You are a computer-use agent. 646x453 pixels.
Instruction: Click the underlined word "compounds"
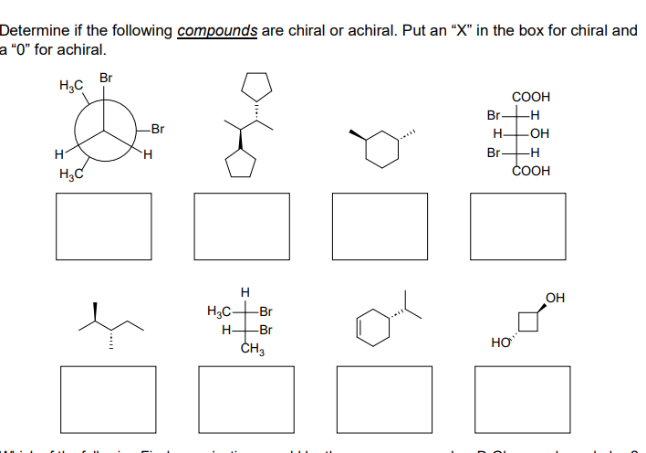coord(218,30)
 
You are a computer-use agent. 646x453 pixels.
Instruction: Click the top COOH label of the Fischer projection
coord(530,97)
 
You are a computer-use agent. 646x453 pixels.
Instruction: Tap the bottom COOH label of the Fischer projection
coord(530,170)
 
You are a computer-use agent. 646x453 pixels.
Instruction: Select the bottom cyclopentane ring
coord(241,164)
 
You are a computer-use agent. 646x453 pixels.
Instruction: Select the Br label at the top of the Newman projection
coord(106,79)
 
